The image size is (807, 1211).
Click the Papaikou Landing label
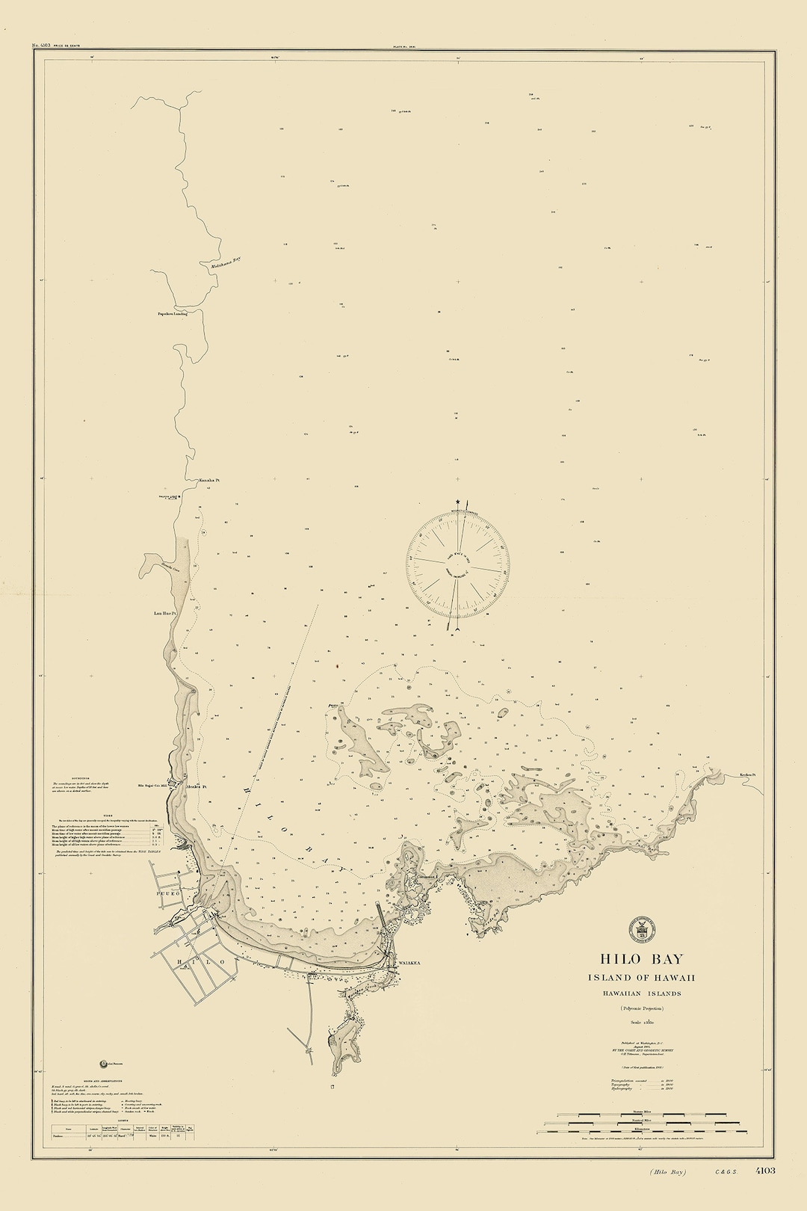click(x=171, y=314)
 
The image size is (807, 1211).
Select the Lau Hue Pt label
click(x=164, y=613)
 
